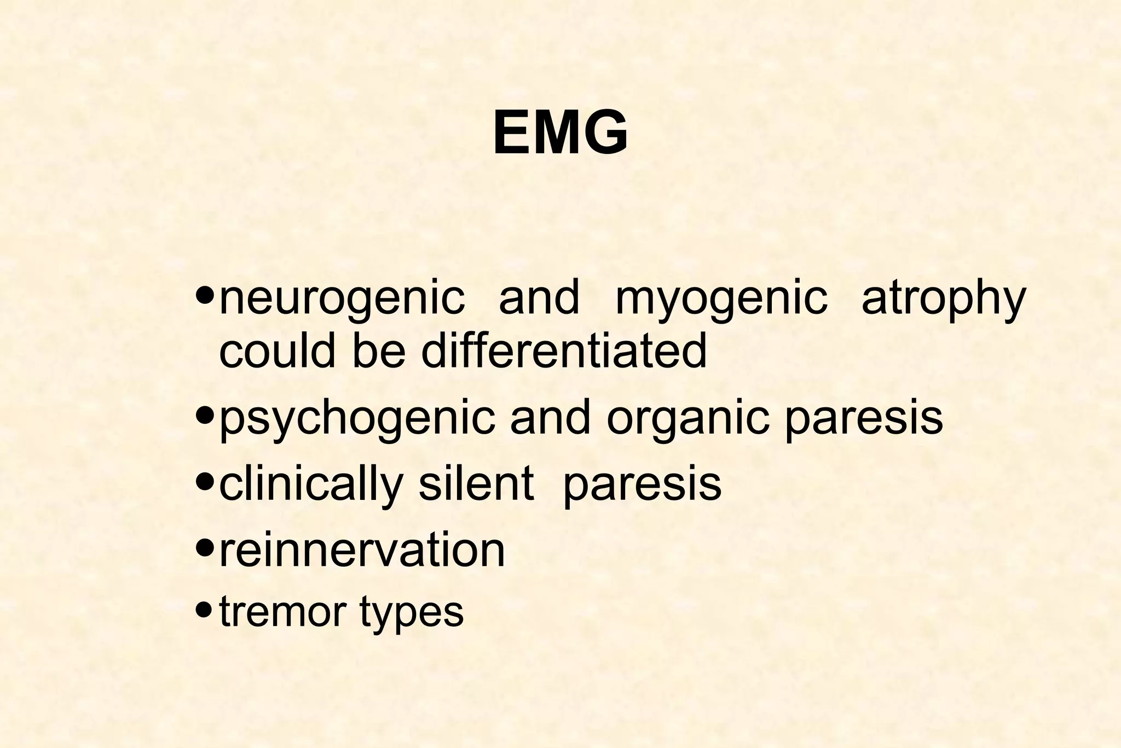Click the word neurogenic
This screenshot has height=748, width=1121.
point(342,299)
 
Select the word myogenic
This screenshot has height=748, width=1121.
point(721,299)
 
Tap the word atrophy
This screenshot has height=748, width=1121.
point(943,299)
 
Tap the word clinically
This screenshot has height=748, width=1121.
point(311,485)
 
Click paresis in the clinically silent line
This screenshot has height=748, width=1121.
point(642,485)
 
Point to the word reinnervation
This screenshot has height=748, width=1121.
point(362,550)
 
